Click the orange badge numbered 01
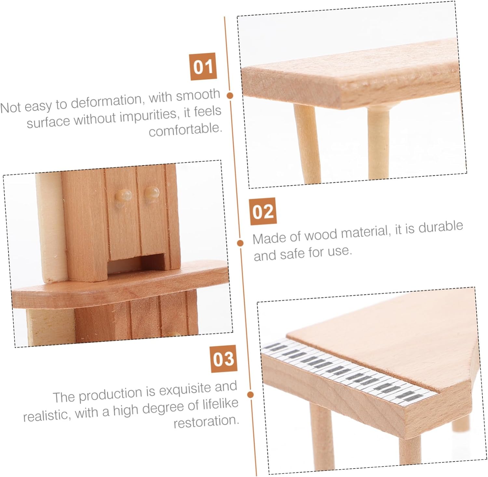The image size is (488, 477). (x=203, y=66)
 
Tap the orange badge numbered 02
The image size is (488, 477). (x=263, y=211)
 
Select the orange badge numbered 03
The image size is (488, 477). (x=224, y=358)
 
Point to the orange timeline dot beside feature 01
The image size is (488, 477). (x=230, y=95)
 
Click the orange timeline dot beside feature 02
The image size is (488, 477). (x=240, y=243)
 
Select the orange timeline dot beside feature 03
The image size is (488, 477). (x=250, y=395)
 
